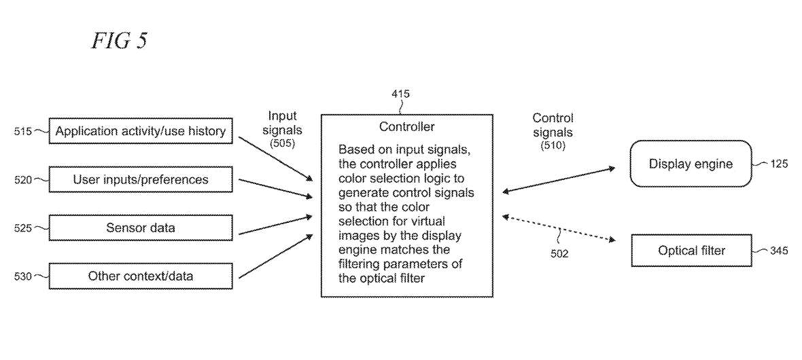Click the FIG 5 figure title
pyautogui.click(x=119, y=41)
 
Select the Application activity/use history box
pyautogui.click(x=141, y=131)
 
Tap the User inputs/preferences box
pyautogui.click(x=141, y=180)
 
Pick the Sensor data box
pyautogui.click(x=141, y=228)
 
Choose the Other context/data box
pyautogui.click(x=141, y=276)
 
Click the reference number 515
pyautogui.click(x=22, y=131)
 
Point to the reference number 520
pyautogui.click(x=22, y=180)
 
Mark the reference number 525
pyautogui.click(x=22, y=228)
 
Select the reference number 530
pyautogui.click(x=22, y=276)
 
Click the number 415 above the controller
pyautogui.click(x=401, y=94)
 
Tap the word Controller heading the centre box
pyautogui.click(x=406, y=126)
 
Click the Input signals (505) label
pyautogui.click(x=282, y=129)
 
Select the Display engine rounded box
pyautogui.click(x=690, y=164)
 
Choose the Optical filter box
pyautogui.click(x=691, y=251)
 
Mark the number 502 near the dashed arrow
pyautogui.click(x=559, y=253)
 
